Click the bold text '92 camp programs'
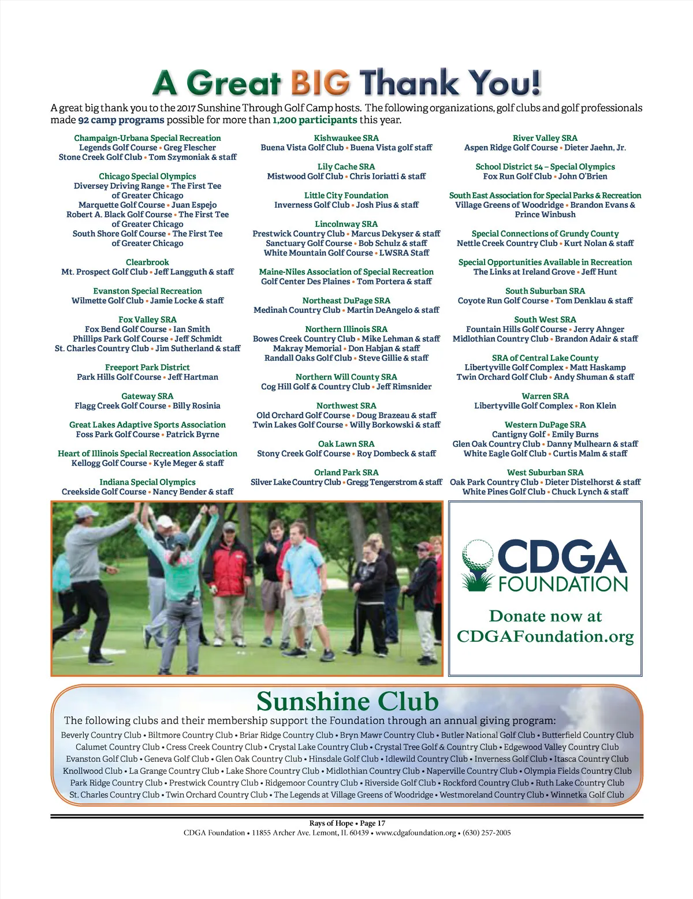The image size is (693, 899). click(121, 120)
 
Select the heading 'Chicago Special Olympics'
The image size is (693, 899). click(147, 176)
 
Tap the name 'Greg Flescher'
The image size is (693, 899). click(189, 148)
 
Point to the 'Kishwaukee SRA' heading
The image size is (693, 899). click(346, 138)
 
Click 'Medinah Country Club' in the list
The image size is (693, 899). click(297, 310)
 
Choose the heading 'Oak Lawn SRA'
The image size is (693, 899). click(346, 444)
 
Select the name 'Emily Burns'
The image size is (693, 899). click(575, 434)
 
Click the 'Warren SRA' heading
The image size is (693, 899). click(545, 396)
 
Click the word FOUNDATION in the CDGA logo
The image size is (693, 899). click(563, 584)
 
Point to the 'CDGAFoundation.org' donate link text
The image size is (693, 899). click(545, 636)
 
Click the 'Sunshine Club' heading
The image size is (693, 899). click(347, 701)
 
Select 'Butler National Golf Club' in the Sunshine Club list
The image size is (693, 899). click(488, 735)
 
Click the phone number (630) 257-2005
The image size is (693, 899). click(486, 833)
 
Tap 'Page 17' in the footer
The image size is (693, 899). click(372, 823)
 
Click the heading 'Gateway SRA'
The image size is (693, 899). click(147, 396)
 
